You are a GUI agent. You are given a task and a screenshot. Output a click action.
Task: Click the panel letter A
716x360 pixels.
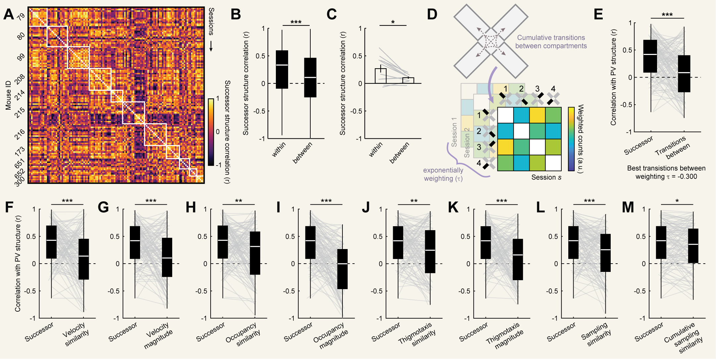click(x=9, y=15)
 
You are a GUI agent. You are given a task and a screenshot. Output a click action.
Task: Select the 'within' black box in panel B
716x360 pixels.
click(x=282, y=70)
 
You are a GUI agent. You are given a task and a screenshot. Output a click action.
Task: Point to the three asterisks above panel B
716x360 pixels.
click(x=296, y=22)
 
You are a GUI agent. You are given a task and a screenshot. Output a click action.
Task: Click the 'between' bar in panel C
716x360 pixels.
click(x=408, y=80)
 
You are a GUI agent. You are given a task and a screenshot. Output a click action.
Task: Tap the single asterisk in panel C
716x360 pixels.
click(x=393, y=22)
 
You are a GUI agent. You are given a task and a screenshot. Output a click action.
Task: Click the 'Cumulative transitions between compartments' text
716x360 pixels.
click(x=551, y=42)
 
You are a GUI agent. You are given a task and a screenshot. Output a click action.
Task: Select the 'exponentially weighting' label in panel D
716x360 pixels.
click(x=443, y=174)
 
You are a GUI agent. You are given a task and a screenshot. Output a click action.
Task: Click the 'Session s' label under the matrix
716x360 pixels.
click(x=546, y=177)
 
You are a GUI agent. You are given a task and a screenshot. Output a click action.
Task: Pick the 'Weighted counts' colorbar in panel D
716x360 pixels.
click(x=571, y=139)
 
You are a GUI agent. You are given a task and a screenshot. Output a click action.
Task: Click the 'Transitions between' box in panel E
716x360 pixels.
click(x=684, y=74)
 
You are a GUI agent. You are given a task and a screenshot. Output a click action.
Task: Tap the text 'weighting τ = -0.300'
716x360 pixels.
click(x=666, y=177)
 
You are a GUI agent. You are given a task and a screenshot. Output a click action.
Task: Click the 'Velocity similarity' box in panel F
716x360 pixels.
click(x=84, y=259)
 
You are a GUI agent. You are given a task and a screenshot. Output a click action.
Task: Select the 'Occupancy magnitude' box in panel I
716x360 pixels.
click(x=342, y=269)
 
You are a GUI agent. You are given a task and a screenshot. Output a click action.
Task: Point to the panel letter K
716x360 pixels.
click(x=453, y=207)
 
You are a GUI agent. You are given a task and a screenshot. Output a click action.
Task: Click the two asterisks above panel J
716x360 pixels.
click(x=414, y=201)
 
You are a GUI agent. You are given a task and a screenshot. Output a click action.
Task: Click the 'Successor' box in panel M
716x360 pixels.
click(x=661, y=242)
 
